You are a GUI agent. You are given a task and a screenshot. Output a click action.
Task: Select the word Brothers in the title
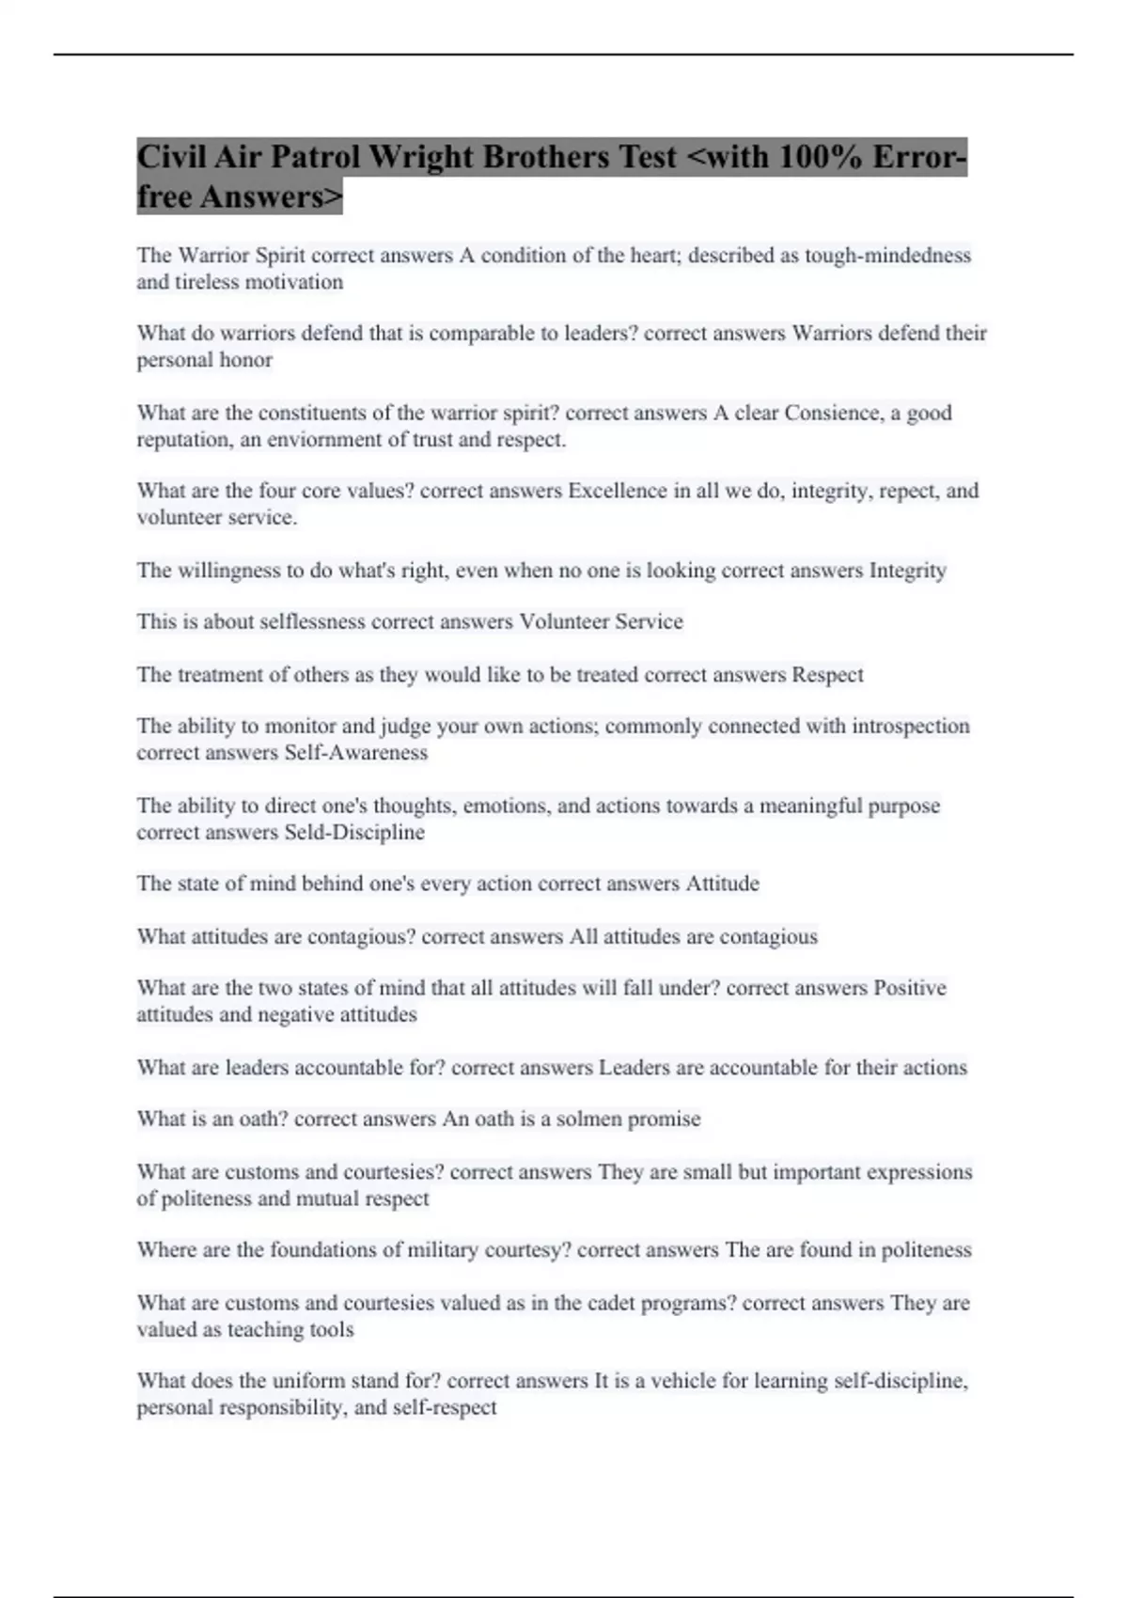[545, 156]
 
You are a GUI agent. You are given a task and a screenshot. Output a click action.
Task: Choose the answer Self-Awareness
[355, 753]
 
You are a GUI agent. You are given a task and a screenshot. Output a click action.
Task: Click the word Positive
[910, 988]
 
